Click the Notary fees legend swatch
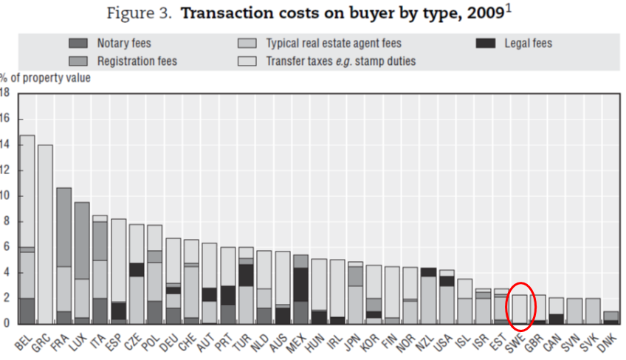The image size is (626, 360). pos(79,44)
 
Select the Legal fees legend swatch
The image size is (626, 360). pos(486,44)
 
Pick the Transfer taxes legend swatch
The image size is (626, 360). pos(247,60)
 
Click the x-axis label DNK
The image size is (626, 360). pos(605,341)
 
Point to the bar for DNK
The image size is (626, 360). pos(610,317)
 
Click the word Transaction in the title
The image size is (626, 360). pos(219,14)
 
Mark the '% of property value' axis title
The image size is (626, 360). pos(45,77)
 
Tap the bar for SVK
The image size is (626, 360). pos(592,311)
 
